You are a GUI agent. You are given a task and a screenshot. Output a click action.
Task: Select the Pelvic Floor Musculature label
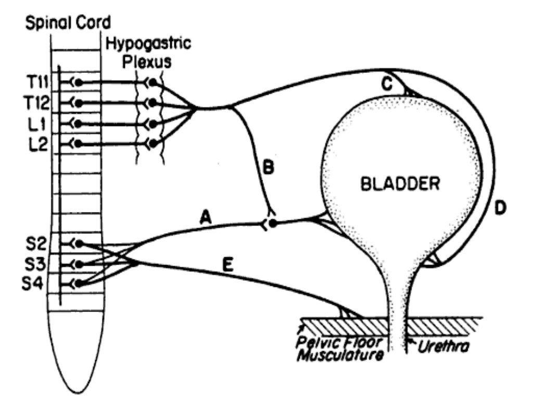tap(339, 350)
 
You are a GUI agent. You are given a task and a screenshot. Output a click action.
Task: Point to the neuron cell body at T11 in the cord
tap(79, 82)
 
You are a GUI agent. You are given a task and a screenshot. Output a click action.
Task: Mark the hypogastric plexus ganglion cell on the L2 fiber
tap(152, 143)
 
